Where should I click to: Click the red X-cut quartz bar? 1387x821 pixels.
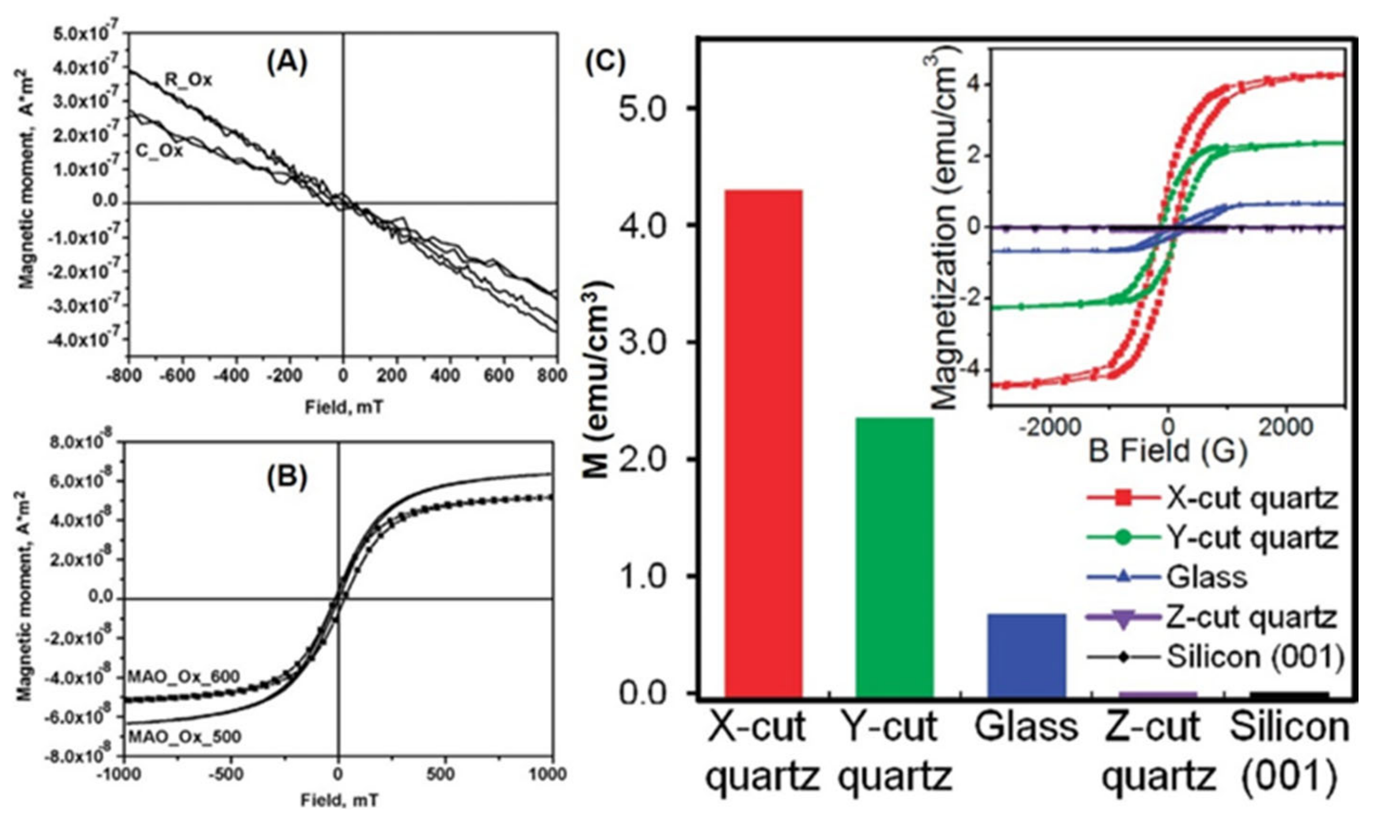[x=763, y=443]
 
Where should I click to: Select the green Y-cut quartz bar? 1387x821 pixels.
[x=894, y=556]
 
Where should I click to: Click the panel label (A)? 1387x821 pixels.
[x=287, y=64]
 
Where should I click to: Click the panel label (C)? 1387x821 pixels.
[x=605, y=63]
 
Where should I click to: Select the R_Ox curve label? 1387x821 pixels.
[x=188, y=80]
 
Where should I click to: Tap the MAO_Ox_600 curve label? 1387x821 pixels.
[x=184, y=676]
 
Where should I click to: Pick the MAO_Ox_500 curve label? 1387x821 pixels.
[x=185, y=736]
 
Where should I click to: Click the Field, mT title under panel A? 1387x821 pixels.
[x=343, y=408]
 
